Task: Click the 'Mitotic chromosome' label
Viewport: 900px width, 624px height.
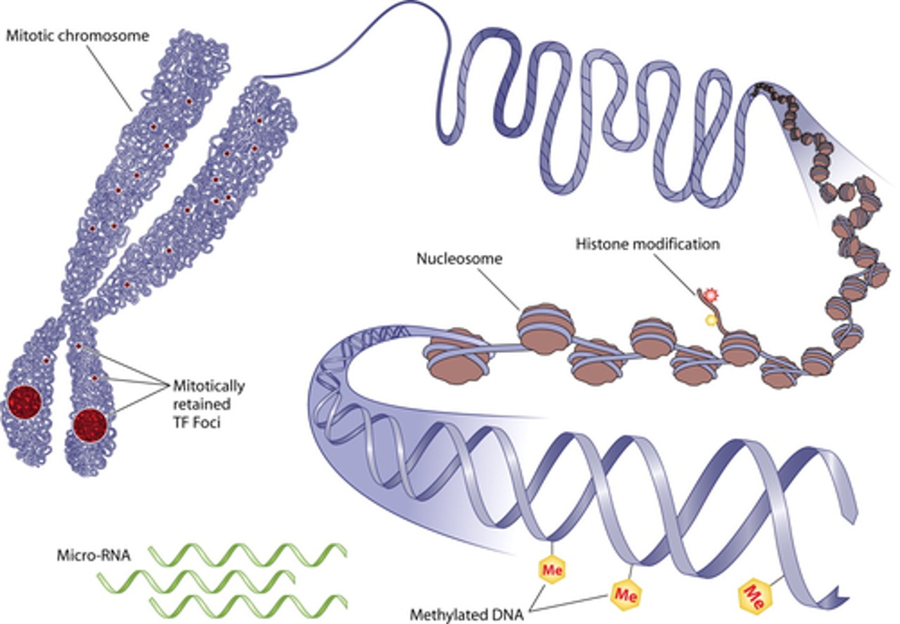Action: point(77,35)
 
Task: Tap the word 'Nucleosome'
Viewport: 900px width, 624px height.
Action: point(459,258)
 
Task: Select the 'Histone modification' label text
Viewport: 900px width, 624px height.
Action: point(647,244)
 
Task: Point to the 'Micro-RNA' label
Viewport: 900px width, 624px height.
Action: point(94,555)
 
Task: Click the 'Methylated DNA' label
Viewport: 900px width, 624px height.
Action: point(467,615)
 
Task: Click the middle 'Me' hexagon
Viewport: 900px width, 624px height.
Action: point(626,593)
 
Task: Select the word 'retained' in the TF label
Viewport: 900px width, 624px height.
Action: point(201,404)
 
